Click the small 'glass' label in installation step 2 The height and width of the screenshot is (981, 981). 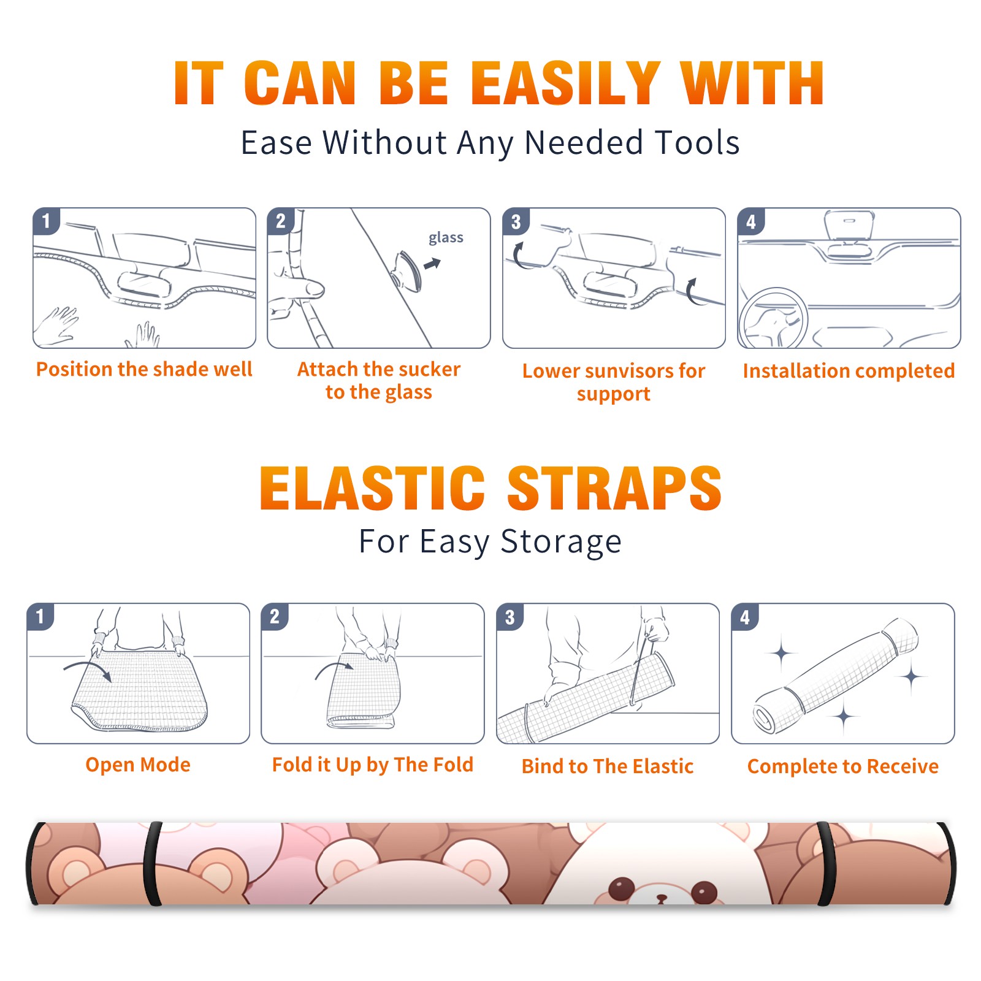point(446,238)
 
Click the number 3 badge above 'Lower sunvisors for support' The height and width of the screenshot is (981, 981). point(516,222)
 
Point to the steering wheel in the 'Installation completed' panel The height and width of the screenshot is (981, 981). point(774,318)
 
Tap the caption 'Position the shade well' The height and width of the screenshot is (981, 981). point(144,369)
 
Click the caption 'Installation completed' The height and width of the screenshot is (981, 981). point(849,371)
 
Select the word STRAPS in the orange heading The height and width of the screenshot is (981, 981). point(614,488)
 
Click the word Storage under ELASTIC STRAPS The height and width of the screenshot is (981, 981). point(561,542)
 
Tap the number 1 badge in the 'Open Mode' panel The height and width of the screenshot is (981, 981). point(40,617)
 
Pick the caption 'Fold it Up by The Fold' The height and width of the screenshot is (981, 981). point(373,765)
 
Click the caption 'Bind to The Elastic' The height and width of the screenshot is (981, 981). point(608,766)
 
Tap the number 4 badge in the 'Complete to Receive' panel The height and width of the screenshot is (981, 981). point(745,617)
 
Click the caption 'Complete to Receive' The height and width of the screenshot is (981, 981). point(843,766)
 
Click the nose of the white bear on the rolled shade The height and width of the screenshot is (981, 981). point(662,898)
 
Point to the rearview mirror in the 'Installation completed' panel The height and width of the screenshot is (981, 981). point(849,226)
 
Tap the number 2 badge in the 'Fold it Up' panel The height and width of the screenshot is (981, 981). point(275,617)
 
